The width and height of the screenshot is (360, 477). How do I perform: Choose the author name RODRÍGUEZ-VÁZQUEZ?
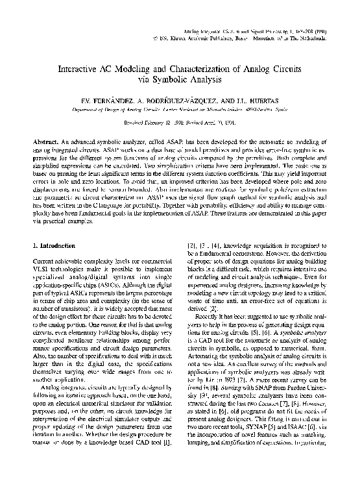[x=176, y=102]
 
